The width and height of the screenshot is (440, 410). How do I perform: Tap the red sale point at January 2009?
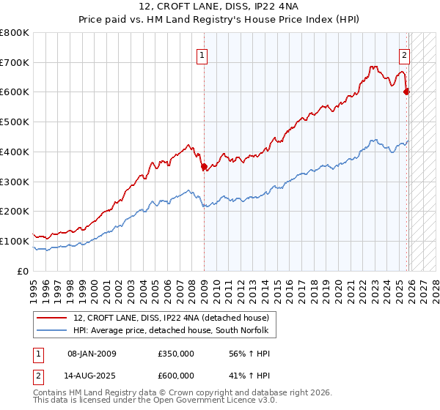click(x=204, y=166)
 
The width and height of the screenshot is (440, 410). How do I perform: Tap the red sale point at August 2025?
click(x=407, y=92)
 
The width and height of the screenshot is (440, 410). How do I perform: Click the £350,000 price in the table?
click(x=176, y=354)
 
